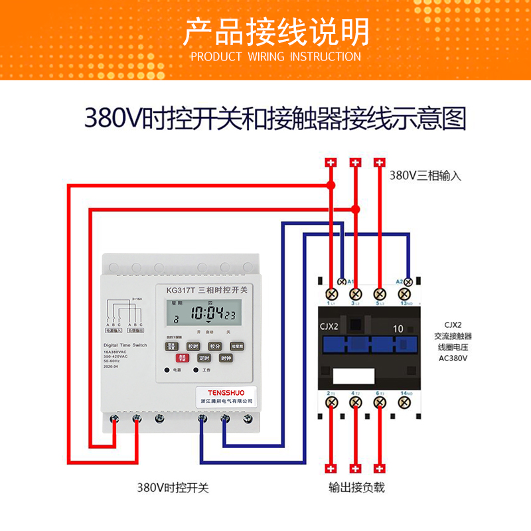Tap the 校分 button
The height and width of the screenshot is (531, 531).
[214, 346]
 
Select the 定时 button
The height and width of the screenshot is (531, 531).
[204, 358]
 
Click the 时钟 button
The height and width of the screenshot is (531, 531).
[226, 358]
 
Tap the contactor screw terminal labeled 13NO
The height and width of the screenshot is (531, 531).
[404, 293]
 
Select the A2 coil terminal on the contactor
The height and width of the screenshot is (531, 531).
[410, 281]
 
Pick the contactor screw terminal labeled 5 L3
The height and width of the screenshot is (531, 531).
[379, 293]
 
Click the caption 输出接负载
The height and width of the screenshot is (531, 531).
[356, 488]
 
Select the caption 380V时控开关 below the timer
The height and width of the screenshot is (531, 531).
[173, 488]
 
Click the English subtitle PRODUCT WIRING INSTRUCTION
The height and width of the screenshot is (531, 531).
[275, 56]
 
